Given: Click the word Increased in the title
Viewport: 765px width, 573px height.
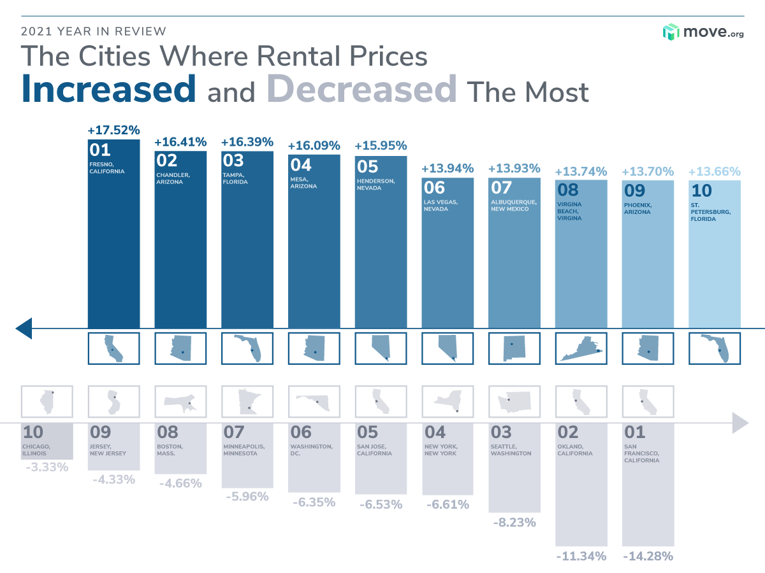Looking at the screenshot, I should click(x=108, y=88).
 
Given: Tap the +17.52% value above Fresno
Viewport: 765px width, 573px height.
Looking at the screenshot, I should click(x=113, y=131).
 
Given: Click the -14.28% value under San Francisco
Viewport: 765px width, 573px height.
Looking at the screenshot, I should click(x=648, y=556).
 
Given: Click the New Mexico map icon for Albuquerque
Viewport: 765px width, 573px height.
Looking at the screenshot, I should click(x=512, y=348).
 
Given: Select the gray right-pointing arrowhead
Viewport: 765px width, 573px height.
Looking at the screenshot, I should click(x=739, y=422).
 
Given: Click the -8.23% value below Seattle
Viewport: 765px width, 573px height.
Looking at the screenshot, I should click(x=514, y=523).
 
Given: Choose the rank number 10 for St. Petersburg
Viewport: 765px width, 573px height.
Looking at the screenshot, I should click(x=701, y=191).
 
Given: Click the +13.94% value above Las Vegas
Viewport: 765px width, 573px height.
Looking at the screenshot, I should click(x=448, y=169).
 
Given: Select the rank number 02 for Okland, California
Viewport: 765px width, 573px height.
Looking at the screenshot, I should click(x=568, y=432).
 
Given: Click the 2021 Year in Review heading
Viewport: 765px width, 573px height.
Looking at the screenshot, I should click(x=94, y=31).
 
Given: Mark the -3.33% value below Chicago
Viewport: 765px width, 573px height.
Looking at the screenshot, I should click(x=47, y=468).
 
